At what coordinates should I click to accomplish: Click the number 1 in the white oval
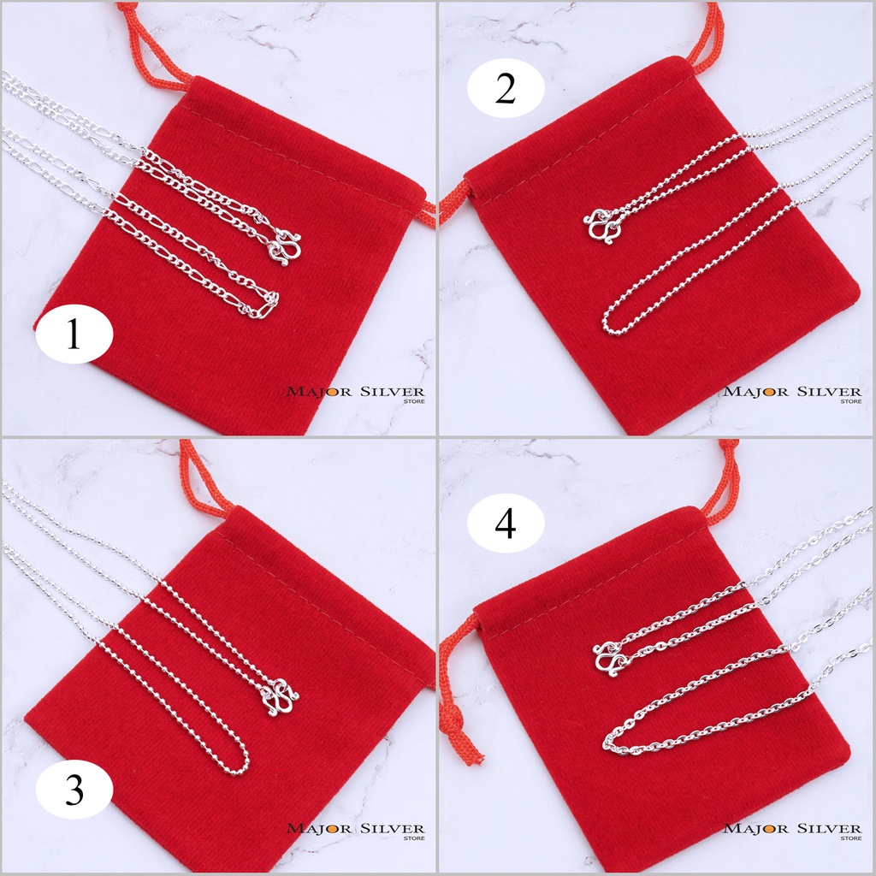(74, 335)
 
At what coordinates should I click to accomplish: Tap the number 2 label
(506, 89)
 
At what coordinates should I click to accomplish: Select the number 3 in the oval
(74, 790)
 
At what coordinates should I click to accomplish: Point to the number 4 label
(506, 524)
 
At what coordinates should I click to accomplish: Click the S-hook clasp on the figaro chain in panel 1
(285, 246)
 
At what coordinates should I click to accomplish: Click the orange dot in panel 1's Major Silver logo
(331, 392)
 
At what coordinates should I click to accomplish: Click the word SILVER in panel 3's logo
(392, 828)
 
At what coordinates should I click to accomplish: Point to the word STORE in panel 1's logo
(414, 401)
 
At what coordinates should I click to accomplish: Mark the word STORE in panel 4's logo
(851, 838)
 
